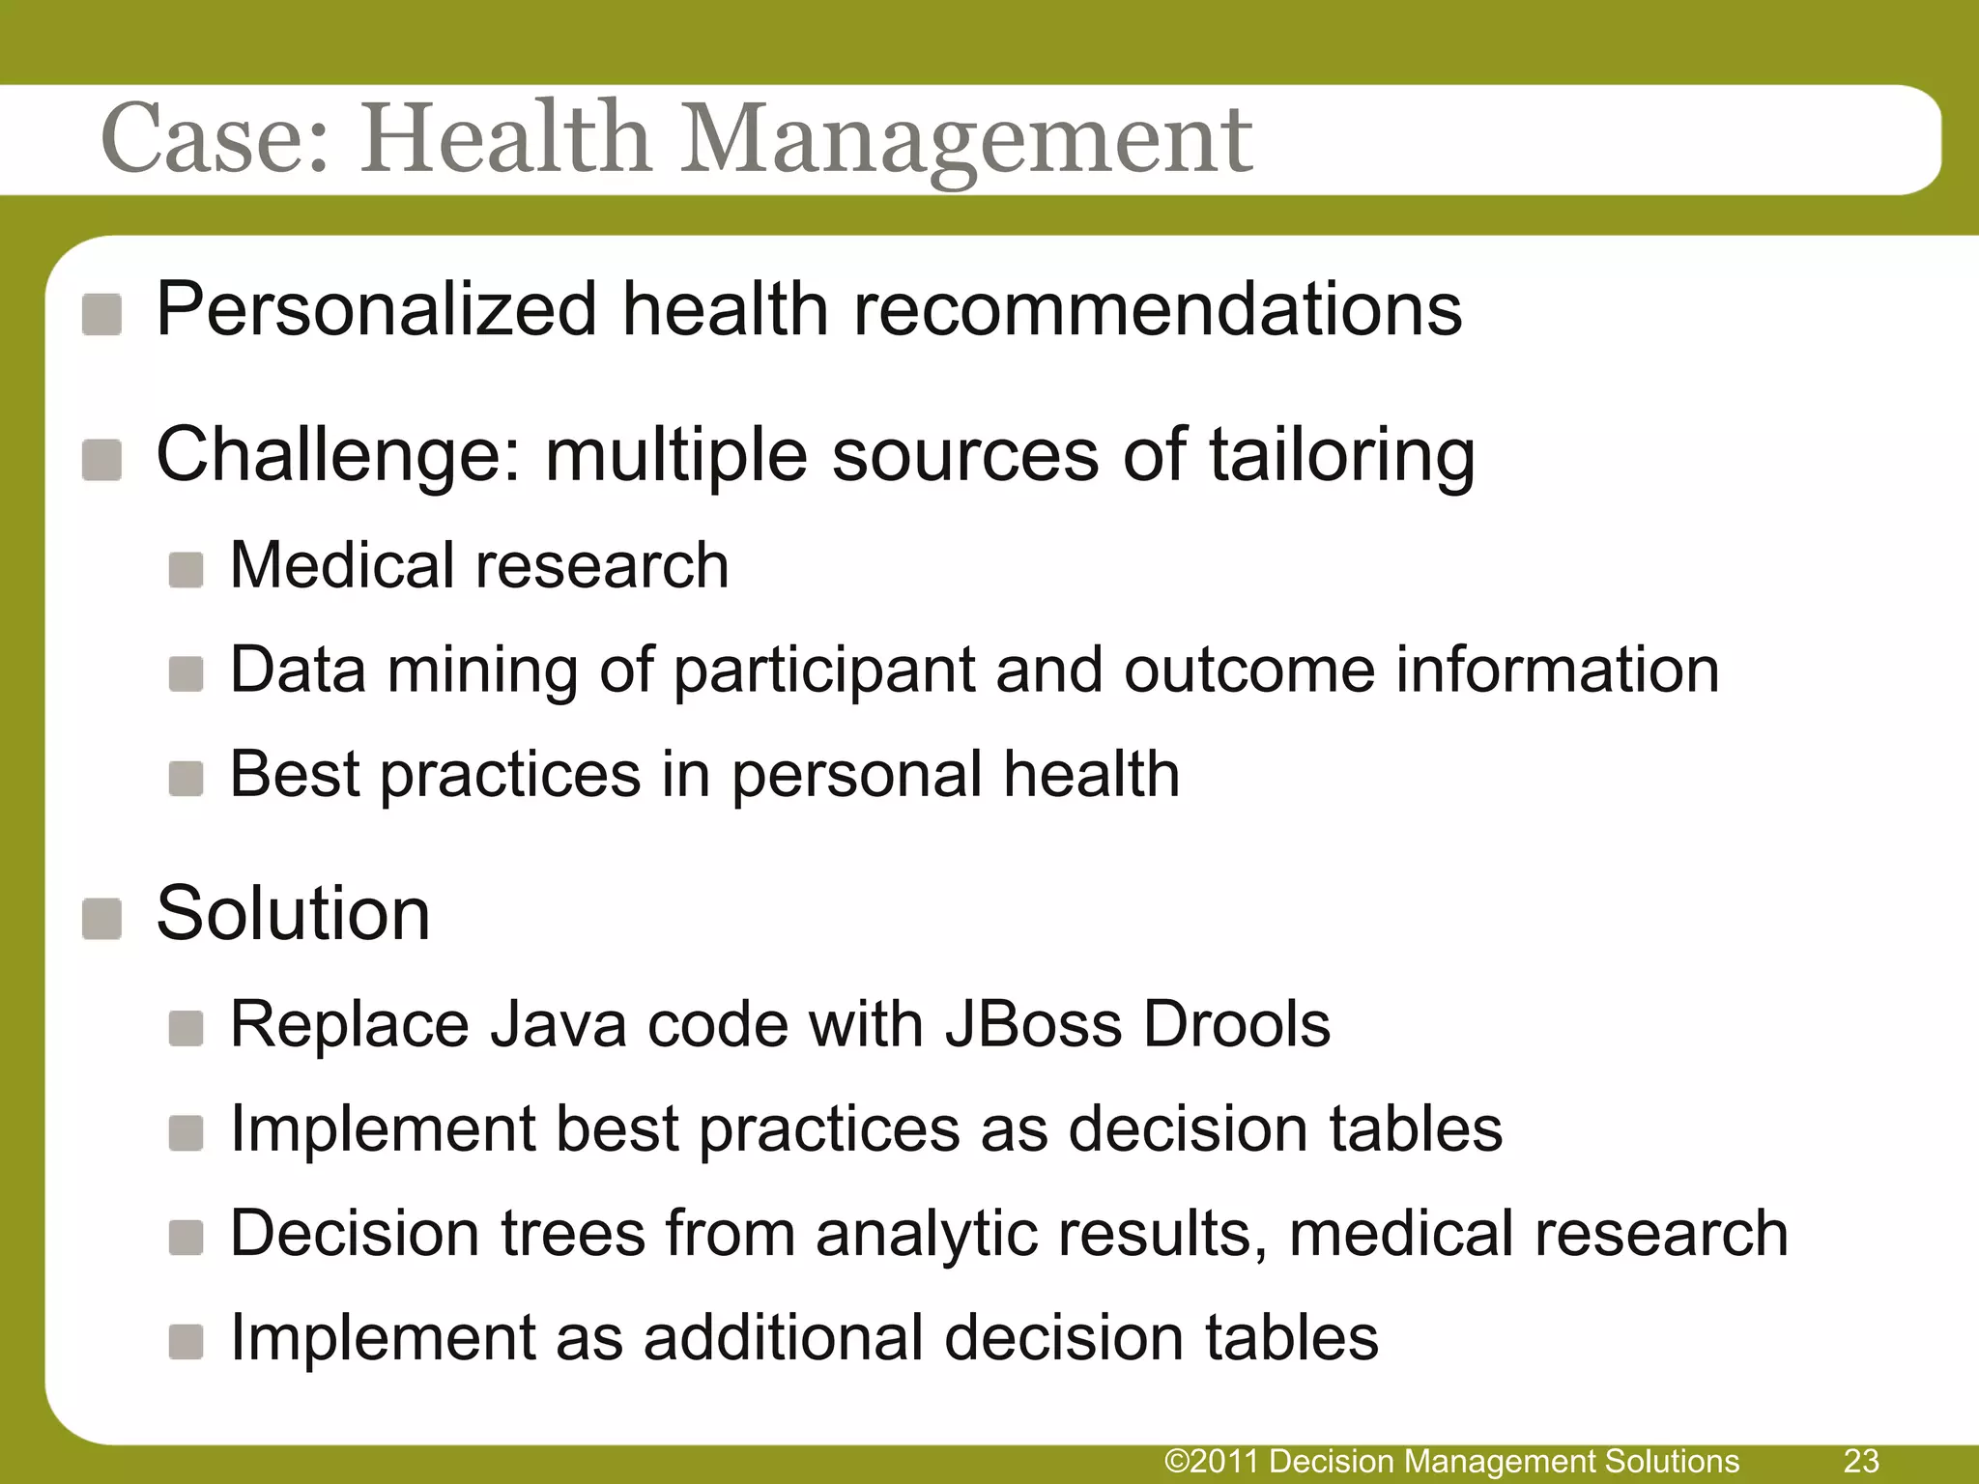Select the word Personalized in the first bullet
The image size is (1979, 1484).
point(376,310)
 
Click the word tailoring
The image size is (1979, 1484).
point(1342,455)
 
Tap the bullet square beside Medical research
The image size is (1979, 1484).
point(186,570)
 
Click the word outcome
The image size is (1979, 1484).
point(1248,670)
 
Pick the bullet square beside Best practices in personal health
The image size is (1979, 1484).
point(186,779)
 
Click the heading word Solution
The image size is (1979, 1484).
point(293,913)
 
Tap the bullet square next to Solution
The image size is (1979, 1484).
point(101,918)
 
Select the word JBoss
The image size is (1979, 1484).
point(1033,1024)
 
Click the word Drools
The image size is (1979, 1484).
point(1237,1024)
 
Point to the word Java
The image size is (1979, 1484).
point(558,1024)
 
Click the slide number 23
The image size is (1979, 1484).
point(1861,1461)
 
